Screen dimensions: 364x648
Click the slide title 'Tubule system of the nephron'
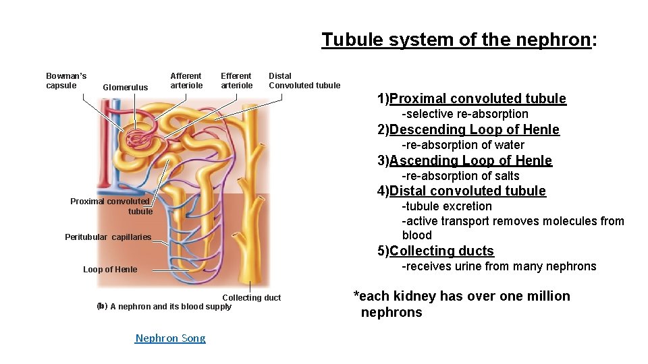[x=459, y=40]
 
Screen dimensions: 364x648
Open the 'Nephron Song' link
[x=170, y=338]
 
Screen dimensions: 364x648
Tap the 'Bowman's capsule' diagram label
[x=65, y=80]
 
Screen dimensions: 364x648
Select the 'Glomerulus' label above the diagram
[x=125, y=87]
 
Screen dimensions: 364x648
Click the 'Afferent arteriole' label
[x=186, y=80]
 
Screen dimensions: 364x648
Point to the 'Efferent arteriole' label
[x=236, y=80]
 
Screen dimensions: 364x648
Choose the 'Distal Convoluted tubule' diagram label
[x=304, y=80]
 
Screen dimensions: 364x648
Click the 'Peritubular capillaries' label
[x=108, y=237]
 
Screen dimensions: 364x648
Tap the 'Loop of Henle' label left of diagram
[x=110, y=270]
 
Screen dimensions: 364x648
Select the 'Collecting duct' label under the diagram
[x=251, y=297]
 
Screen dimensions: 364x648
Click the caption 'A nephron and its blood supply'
[x=170, y=307]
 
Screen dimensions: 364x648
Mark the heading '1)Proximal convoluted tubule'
[x=471, y=98]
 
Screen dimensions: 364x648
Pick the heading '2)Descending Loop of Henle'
[x=468, y=129]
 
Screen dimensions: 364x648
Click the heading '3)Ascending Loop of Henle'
[x=464, y=160]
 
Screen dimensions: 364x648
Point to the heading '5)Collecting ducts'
[x=435, y=251]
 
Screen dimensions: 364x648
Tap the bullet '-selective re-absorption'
[x=465, y=114]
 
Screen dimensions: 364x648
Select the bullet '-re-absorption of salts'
[x=460, y=176]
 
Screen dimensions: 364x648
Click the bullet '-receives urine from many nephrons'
[x=499, y=266]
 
